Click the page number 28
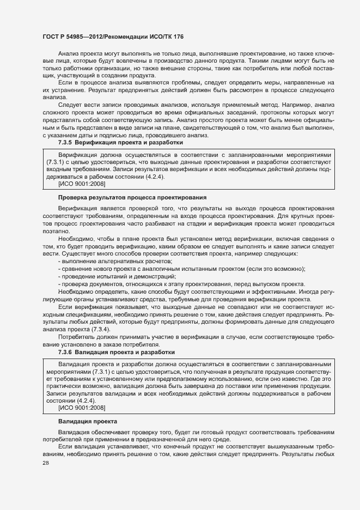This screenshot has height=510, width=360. (46, 464)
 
